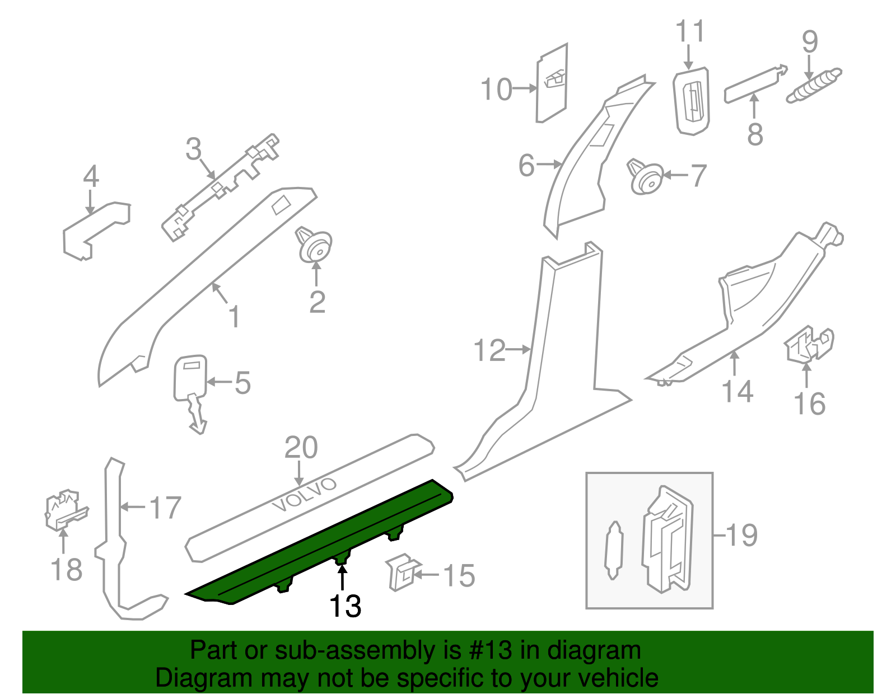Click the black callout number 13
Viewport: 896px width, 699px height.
[345, 607]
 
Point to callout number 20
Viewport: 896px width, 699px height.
[301, 448]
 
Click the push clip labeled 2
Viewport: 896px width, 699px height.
[315, 246]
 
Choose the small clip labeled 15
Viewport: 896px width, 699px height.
[402, 573]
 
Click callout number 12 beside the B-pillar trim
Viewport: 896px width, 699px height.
[489, 351]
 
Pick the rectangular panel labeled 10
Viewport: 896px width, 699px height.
[552, 84]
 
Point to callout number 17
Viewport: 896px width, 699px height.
[165, 508]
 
